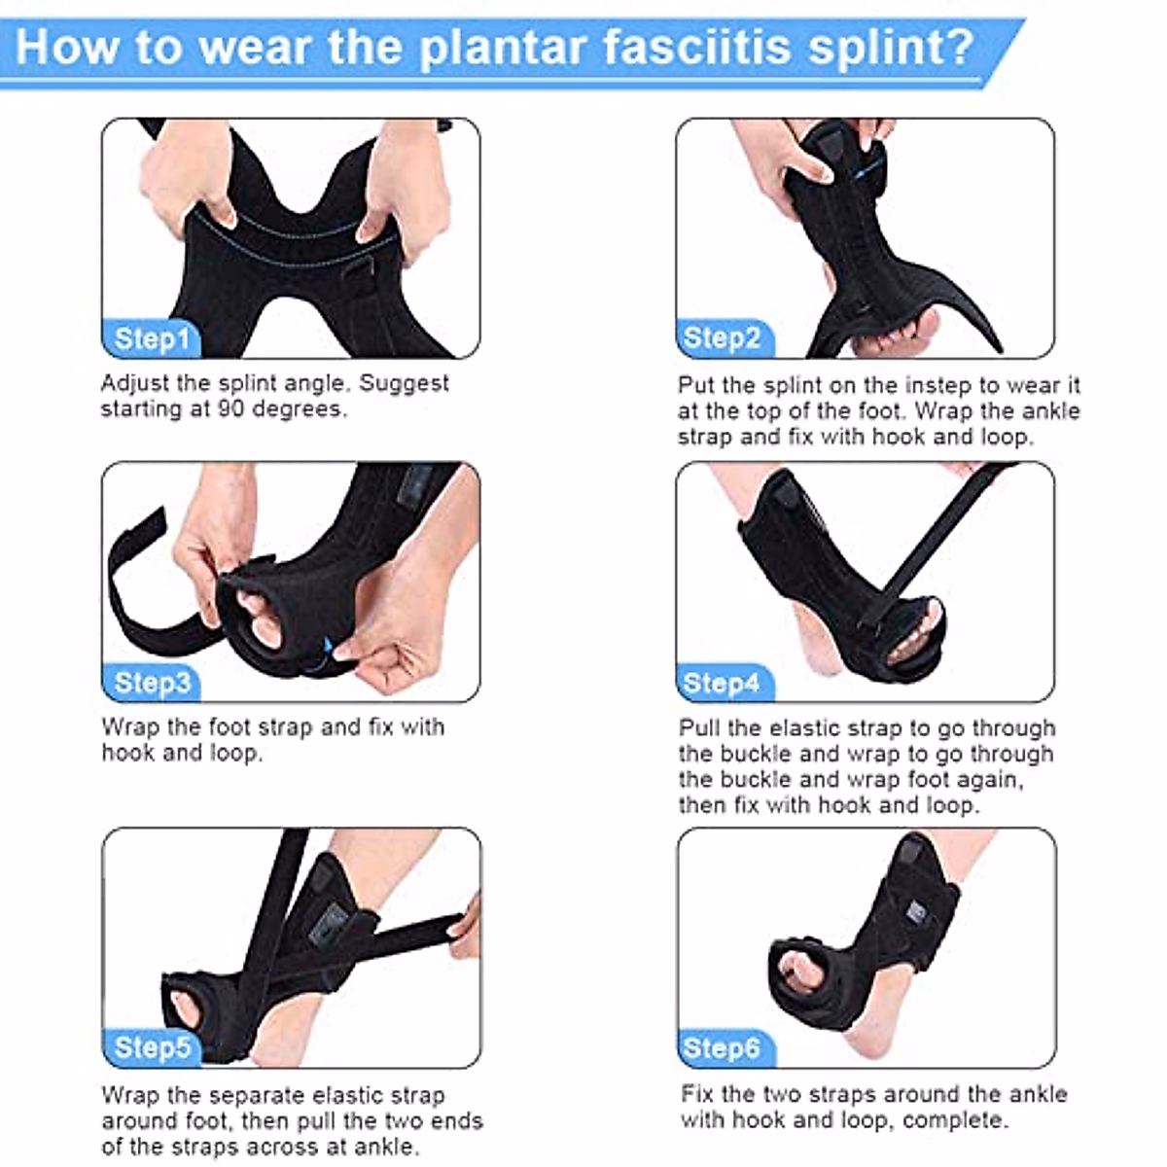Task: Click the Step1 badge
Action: (x=151, y=339)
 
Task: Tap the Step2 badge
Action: (x=723, y=339)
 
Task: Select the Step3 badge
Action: (x=152, y=683)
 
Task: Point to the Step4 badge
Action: (x=723, y=683)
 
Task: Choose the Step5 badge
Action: (x=152, y=1047)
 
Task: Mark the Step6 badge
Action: (x=723, y=1047)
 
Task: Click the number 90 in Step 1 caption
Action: (x=230, y=409)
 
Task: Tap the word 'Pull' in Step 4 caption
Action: (x=699, y=727)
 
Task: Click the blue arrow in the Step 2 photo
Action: (x=860, y=170)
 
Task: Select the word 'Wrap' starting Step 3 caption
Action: (x=130, y=726)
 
